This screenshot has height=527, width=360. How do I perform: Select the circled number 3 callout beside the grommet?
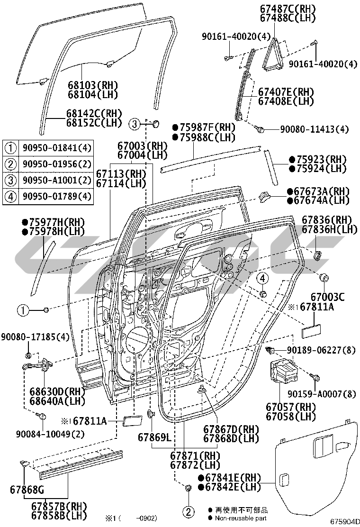[135, 125]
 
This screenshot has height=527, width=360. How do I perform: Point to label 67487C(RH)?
[294, 9]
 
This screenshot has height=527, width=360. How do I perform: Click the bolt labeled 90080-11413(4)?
[260, 128]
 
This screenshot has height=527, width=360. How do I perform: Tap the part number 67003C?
[327, 298]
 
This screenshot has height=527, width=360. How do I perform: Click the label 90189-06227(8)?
[322, 350]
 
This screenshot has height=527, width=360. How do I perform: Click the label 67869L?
[154, 436]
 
